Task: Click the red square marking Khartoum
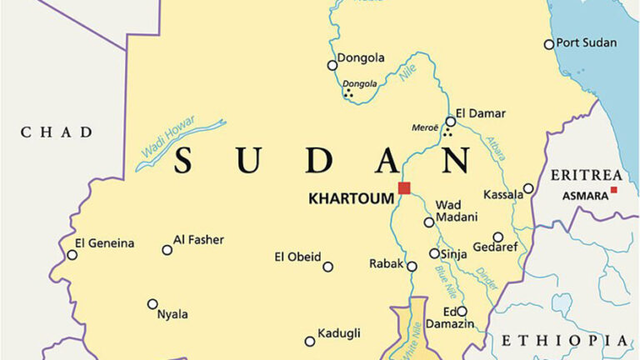pyautogui.click(x=404, y=187)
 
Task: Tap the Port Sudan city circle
pyautogui.click(x=548, y=44)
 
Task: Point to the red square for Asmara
pyautogui.click(x=614, y=190)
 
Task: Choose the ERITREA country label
pyautogui.click(x=586, y=175)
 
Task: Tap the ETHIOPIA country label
pyautogui.click(x=564, y=340)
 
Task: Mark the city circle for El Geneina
pyautogui.click(x=72, y=254)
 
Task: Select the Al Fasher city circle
pyautogui.click(x=167, y=249)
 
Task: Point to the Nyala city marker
pyautogui.click(x=152, y=304)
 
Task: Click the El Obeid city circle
pyautogui.click(x=327, y=267)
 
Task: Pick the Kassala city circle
pyautogui.click(x=527, y=188)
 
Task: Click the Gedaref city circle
pyautogui.click(x=497, y=237)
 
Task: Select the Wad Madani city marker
pyautogui.click(x=429, y=222)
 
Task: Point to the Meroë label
pyautogui.click(x=425, y=127)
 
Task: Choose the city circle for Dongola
pyautogui.click(x=332, y=65)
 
